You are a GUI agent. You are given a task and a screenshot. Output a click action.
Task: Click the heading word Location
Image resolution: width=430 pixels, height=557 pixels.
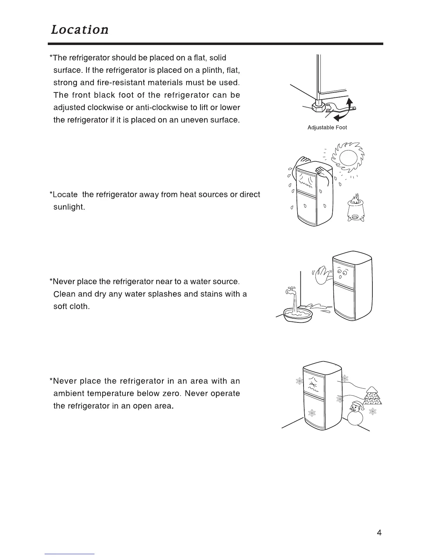click(80, 30)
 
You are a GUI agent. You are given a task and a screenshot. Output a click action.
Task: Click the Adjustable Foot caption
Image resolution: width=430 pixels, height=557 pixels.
click(327, 128)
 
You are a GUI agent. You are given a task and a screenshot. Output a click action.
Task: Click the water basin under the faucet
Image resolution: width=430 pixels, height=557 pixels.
click(298, 314)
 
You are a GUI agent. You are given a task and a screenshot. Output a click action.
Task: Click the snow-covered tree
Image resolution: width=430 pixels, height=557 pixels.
click(372, 396)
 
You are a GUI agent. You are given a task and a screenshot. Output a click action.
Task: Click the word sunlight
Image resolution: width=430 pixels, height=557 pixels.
click(69, 207)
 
